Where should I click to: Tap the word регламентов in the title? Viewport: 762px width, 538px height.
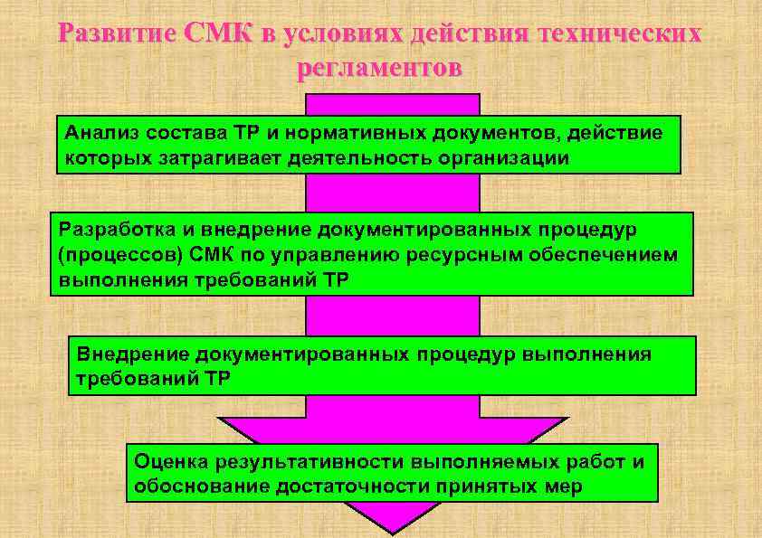379,69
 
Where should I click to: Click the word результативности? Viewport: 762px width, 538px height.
309,462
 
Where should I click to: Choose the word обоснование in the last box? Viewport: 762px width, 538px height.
197,487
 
